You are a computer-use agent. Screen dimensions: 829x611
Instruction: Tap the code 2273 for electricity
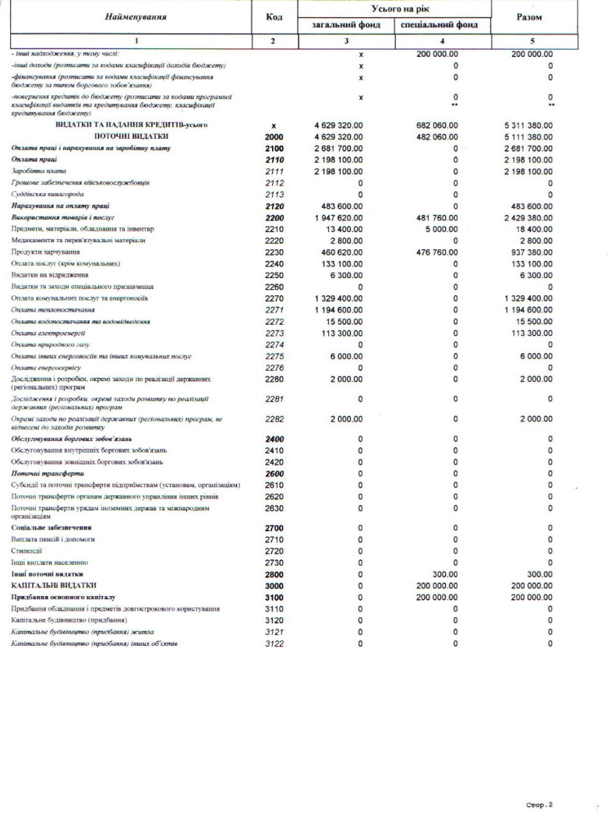(x=274, y=332)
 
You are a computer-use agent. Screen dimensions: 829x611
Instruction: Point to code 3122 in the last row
(x=274, y=644)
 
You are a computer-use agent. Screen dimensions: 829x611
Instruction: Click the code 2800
(x=274, y=573)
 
